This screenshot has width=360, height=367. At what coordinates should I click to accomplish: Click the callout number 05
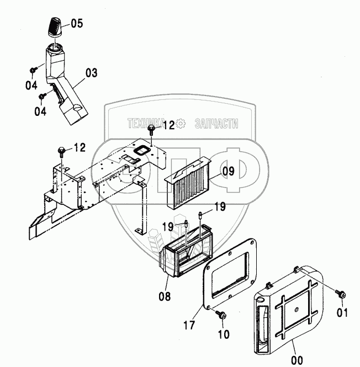coord(76,23)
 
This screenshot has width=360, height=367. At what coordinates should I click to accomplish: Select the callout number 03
coord(91,72)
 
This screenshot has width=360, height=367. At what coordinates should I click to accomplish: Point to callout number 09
coord(229,172)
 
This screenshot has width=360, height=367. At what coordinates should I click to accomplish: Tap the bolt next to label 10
coord(223,315)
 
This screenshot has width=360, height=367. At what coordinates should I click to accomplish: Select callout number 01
coord(343,315)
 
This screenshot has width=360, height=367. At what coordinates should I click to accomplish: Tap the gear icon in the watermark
coord(182,124)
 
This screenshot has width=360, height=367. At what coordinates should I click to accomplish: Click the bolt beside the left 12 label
coord(61,150)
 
